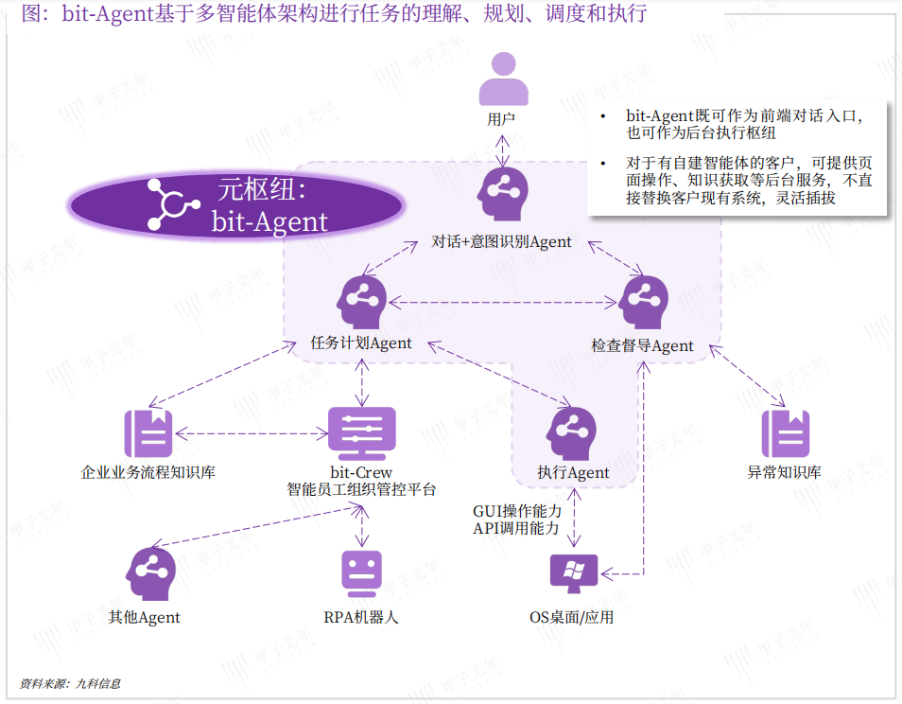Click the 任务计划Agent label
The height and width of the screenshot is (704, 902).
[361, 343]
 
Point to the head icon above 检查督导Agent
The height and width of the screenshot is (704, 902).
[643, 301]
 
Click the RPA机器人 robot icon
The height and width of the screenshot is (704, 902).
[361, 574]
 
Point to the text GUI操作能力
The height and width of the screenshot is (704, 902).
[517, 511]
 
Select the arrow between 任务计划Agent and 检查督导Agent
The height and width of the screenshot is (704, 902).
[502, 303]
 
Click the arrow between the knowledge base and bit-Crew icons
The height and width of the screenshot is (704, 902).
[252, 434]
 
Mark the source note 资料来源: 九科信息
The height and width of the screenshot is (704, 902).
[70, 683]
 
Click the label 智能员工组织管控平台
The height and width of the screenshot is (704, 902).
[361, 489]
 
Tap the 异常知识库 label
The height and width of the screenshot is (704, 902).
[785, 472]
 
